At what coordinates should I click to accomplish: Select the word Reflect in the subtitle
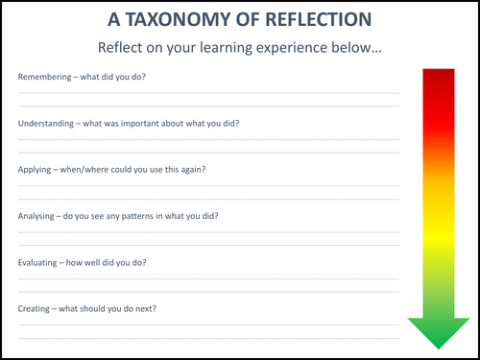[x=124, y=47]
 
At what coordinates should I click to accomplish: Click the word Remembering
[x=45, y=76]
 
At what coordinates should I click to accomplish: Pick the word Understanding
[x=47, y=123]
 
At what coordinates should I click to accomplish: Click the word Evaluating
[x=39, y=262]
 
